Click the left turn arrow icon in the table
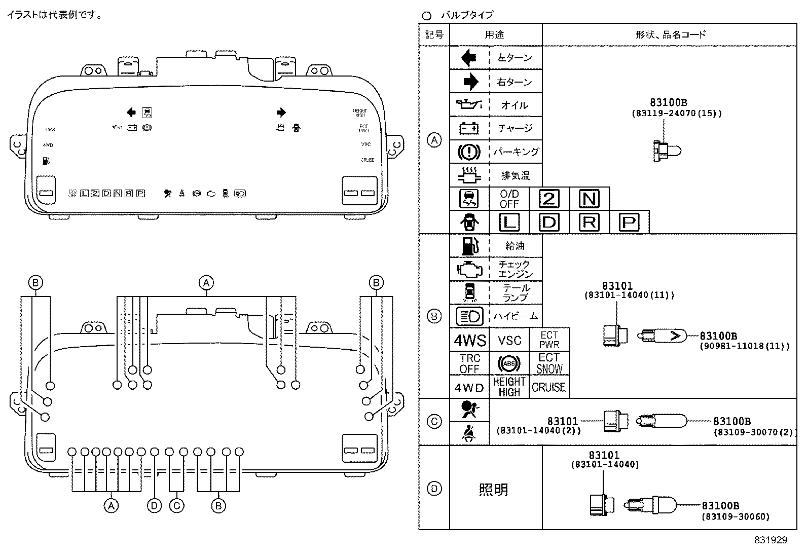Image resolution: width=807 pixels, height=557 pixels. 469,58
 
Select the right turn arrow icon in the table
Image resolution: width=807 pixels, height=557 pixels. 470,82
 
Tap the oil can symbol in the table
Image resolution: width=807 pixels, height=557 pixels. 469,105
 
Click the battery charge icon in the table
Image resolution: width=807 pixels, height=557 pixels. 469,128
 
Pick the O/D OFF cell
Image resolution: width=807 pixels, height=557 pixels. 509,199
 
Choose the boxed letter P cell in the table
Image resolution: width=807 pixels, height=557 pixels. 629,222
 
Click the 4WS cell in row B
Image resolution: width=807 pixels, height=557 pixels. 469,341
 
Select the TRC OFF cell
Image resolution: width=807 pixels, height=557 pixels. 469,363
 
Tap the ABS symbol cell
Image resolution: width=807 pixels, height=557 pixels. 509,363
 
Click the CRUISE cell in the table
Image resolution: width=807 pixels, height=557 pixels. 548,387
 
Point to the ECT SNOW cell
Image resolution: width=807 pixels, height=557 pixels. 549,363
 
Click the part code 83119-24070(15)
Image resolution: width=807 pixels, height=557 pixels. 676,114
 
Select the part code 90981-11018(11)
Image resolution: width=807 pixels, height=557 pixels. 744,347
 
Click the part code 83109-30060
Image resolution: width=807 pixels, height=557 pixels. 735,517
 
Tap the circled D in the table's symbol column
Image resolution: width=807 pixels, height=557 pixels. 434,489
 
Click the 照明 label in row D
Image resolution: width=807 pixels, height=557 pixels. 493,490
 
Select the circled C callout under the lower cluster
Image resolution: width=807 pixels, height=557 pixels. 176,505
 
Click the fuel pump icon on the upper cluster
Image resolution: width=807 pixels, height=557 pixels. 47,161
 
